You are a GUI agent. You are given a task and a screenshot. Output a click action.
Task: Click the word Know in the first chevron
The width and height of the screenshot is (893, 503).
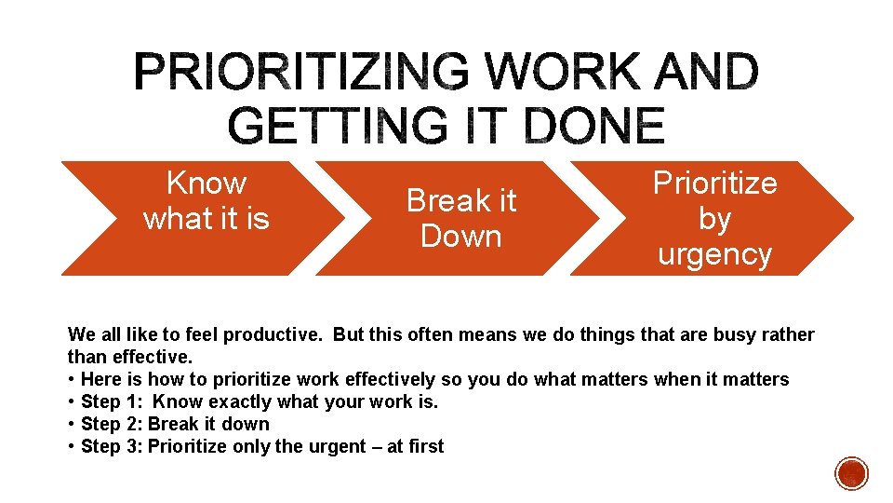[206, 183]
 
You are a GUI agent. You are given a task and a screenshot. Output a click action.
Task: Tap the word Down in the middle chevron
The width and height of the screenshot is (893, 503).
[460, 237]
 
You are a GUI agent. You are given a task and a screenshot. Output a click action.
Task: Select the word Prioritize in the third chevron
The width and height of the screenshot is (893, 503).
[714, 183]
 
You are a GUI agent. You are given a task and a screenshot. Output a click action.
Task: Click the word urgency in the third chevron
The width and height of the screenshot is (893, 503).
[714, 254]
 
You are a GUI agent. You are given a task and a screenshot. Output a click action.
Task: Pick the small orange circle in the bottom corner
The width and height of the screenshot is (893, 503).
[851, 473]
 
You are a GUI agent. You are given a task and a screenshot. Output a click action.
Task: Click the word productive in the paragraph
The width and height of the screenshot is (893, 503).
[279, 334]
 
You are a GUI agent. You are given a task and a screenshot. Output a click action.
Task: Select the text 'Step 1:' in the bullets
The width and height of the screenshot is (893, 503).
[112, 401]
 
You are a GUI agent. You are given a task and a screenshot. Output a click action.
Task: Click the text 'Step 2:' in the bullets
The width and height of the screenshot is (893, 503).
[112, 424]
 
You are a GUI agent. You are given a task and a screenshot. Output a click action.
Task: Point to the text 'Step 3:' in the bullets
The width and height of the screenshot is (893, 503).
[112, 446]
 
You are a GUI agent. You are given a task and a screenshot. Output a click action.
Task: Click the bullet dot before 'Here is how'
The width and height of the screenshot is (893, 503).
[72, 379]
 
